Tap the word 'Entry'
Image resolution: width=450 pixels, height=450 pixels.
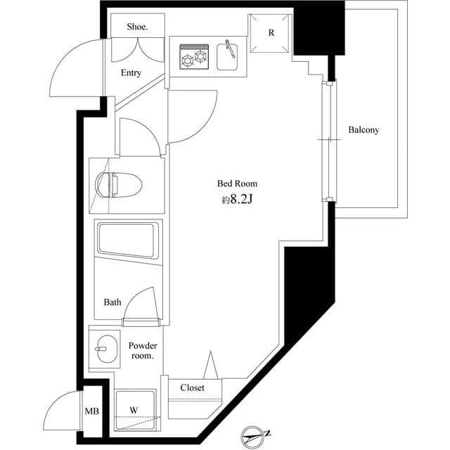131,73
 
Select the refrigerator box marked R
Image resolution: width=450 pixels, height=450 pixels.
271,33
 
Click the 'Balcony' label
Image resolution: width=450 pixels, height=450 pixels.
364,130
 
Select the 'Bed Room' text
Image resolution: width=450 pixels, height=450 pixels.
232,184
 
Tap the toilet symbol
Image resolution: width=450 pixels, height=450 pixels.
120,185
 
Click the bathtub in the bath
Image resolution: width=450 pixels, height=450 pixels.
129,240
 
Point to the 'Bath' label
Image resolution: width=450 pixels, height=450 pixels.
112,302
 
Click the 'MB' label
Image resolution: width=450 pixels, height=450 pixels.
92,411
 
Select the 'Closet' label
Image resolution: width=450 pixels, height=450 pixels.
192,388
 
